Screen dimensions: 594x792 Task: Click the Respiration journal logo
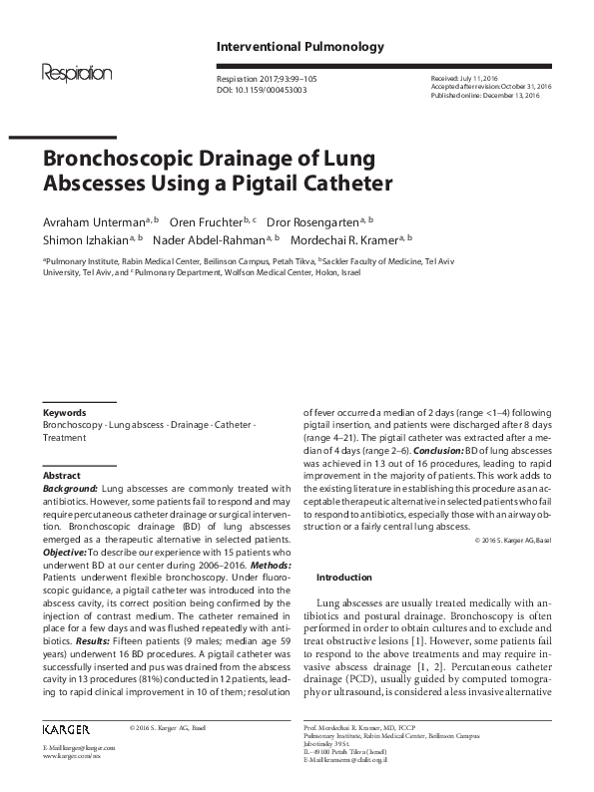click(76, 73)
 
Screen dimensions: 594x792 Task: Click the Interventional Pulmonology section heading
click(286, 47)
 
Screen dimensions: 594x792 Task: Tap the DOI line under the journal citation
click(262, 89)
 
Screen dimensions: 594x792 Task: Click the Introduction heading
click(343, 578)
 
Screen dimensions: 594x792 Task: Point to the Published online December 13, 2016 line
click(485, 97)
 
